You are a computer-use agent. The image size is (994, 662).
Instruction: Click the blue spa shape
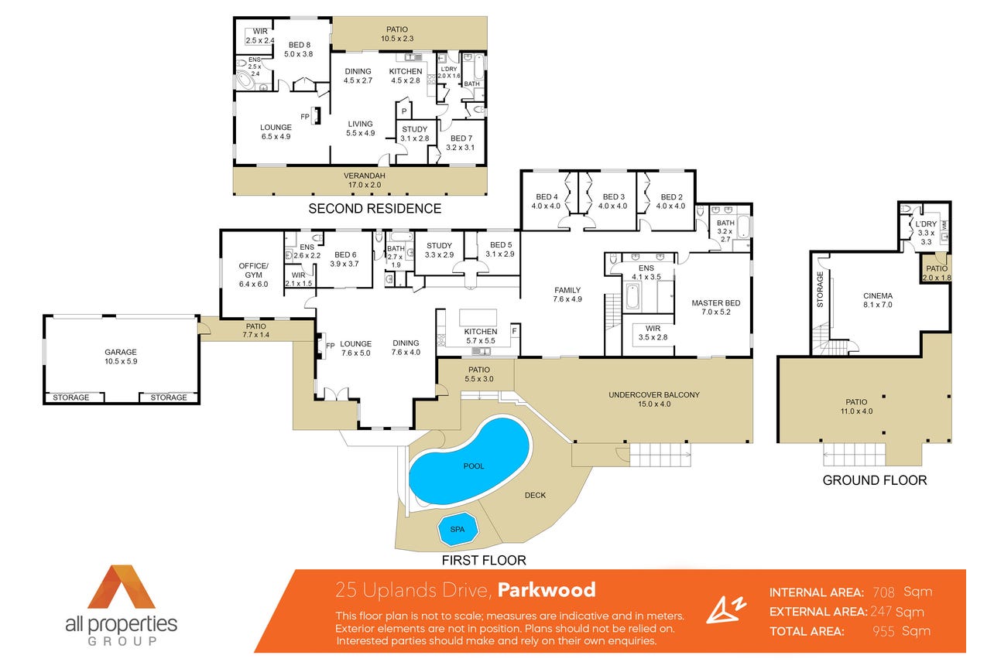click(458, 530)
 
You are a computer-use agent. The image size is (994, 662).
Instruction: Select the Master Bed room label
click(716, 307)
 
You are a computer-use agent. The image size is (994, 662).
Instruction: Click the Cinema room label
click(878, 300)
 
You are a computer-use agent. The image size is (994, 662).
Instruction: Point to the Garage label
click(121, 357)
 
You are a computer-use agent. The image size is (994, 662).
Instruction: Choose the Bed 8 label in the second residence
click(299, 49)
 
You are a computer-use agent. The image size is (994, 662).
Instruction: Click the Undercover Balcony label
click(654, 399)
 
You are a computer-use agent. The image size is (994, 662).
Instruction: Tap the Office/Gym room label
click(253, 275)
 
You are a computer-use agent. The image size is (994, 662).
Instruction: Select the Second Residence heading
click(375, 208)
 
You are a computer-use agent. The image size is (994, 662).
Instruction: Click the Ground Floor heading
click(875, 480)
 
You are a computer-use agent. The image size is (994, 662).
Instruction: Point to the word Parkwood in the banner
click(547, 590)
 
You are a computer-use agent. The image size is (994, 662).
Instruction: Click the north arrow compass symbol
click(726, 610)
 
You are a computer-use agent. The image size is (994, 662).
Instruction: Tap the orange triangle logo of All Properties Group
click(121, 587)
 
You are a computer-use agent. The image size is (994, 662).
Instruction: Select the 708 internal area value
click(883, 592)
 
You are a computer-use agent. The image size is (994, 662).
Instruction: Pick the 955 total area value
click(883, 631)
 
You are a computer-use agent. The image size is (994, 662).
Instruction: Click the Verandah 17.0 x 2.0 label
click(365, 180)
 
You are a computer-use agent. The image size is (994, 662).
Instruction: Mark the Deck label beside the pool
click(535, 495)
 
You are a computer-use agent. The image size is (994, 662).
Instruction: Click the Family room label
click(567, 295)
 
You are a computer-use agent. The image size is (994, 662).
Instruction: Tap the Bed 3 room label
click(613, 201)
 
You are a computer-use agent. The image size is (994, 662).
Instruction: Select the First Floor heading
click(484, 561)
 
